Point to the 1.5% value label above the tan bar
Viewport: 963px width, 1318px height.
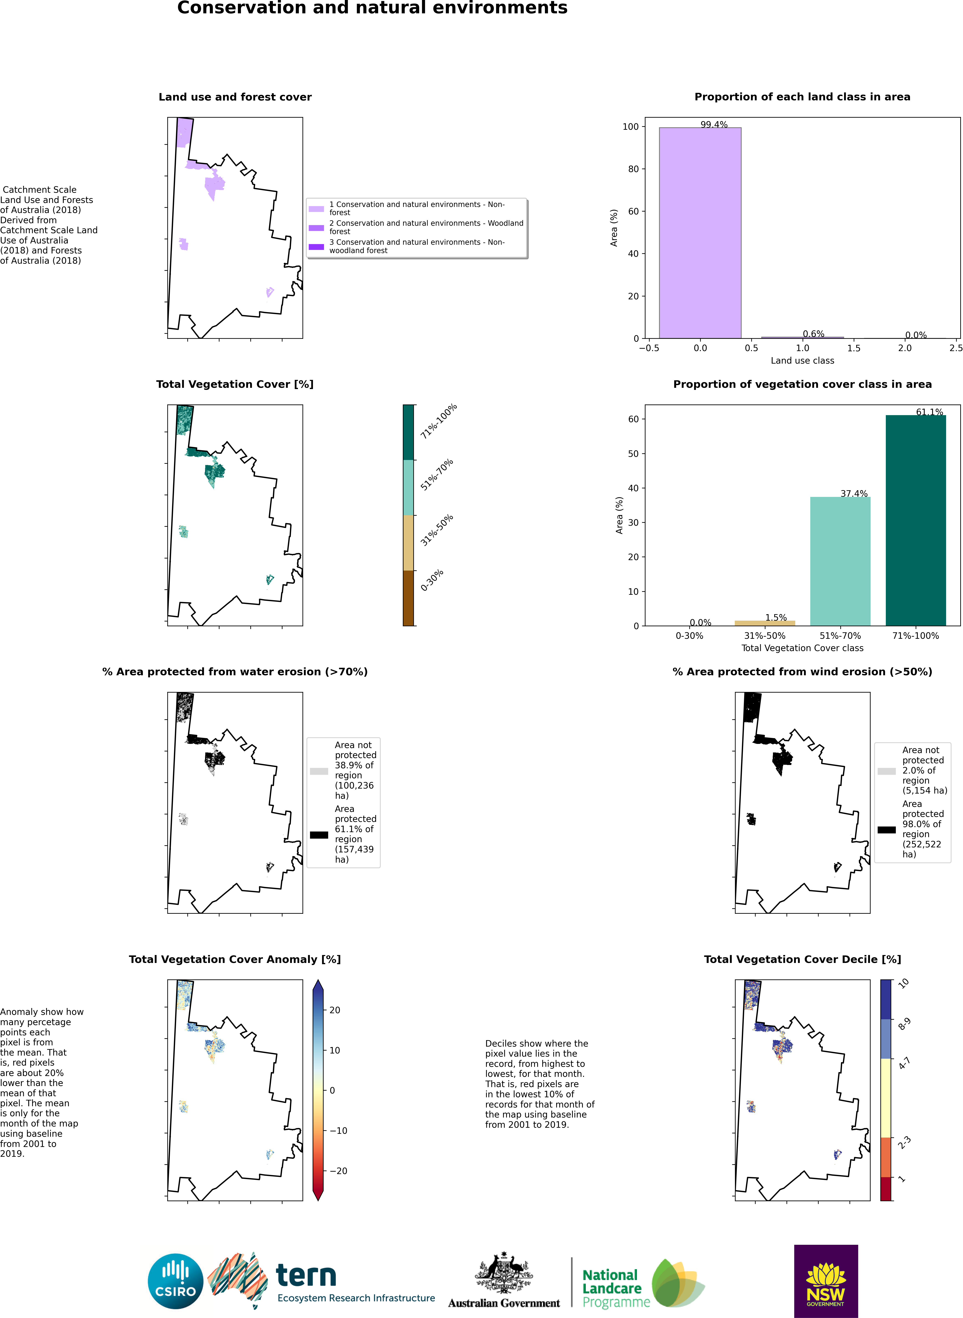coord(776,617)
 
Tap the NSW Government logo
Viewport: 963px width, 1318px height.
coord(826,1280)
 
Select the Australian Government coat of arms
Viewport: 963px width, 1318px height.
coord(504,1273)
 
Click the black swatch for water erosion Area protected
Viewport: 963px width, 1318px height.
coord(319,835)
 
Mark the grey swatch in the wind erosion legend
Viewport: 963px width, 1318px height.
coord(886,771)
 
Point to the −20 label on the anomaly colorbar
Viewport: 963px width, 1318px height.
coord(338,1171)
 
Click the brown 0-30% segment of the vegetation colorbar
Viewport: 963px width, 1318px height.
coord(408,598)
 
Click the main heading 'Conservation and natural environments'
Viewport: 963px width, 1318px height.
coord(372,8)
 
